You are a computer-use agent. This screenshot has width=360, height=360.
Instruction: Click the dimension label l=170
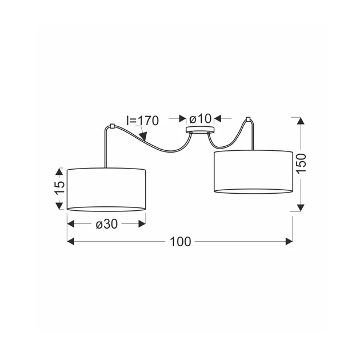click(x=142, y=121)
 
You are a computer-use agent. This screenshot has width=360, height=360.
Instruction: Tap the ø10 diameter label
click(x=200, y=119)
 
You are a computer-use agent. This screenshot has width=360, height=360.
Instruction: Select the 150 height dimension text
click(x=301, y=163)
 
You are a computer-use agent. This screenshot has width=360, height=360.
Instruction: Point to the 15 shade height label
click(x=59, y=187)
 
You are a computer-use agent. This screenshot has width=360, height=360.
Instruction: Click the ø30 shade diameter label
click(x=106, y=224)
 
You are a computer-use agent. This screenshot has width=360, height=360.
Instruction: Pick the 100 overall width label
click(x=180, y=242)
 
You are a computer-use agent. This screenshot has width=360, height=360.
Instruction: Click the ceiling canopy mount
click(x=200, y=130)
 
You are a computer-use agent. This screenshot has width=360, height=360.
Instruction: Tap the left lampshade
click(x=106, y=190)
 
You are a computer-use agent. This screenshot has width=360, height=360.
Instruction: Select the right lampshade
click(x=253, y=172)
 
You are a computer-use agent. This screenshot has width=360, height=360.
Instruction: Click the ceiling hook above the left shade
click(x=112, y=126)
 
